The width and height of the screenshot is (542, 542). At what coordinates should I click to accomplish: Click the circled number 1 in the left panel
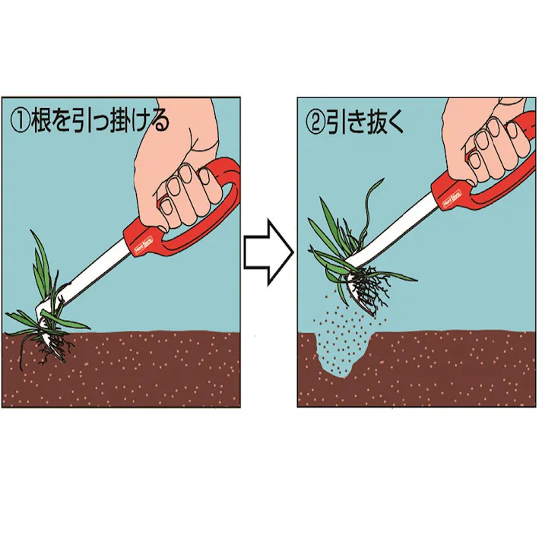pyautogui.click(x=21, y=122)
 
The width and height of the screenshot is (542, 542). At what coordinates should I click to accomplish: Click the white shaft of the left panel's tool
pyautogui.click(x=99, y=274)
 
